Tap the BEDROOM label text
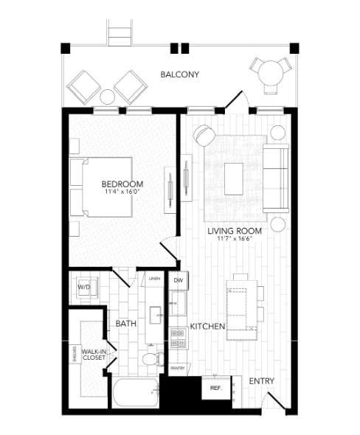click(x=122, y=184)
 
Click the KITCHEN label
click(x=207, y=326)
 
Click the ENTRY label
click(x=262, y=380)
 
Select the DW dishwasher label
click(x=178, y=281)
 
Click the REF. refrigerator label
click(x=216, y=387)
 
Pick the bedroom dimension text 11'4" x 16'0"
click(x=122, y=192)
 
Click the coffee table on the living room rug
click(x=233, y=178)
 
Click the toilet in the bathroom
click(x=151, y=359)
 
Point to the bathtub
click(x=136, y=394)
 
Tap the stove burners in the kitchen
click(x=177, y=338)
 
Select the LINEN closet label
click(x=154, y=279)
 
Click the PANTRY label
click(x=177, y=367)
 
